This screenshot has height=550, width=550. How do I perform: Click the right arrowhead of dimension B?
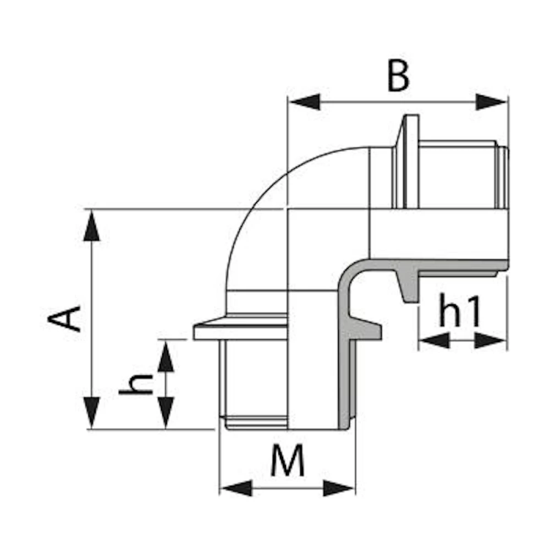coord(492,102)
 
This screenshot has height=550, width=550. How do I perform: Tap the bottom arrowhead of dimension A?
coord(91,413)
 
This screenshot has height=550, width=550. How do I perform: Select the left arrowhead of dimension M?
coord(235,487)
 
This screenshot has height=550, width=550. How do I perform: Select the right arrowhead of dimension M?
coord(339,487)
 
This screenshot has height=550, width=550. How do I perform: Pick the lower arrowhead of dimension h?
coord(166,413)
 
